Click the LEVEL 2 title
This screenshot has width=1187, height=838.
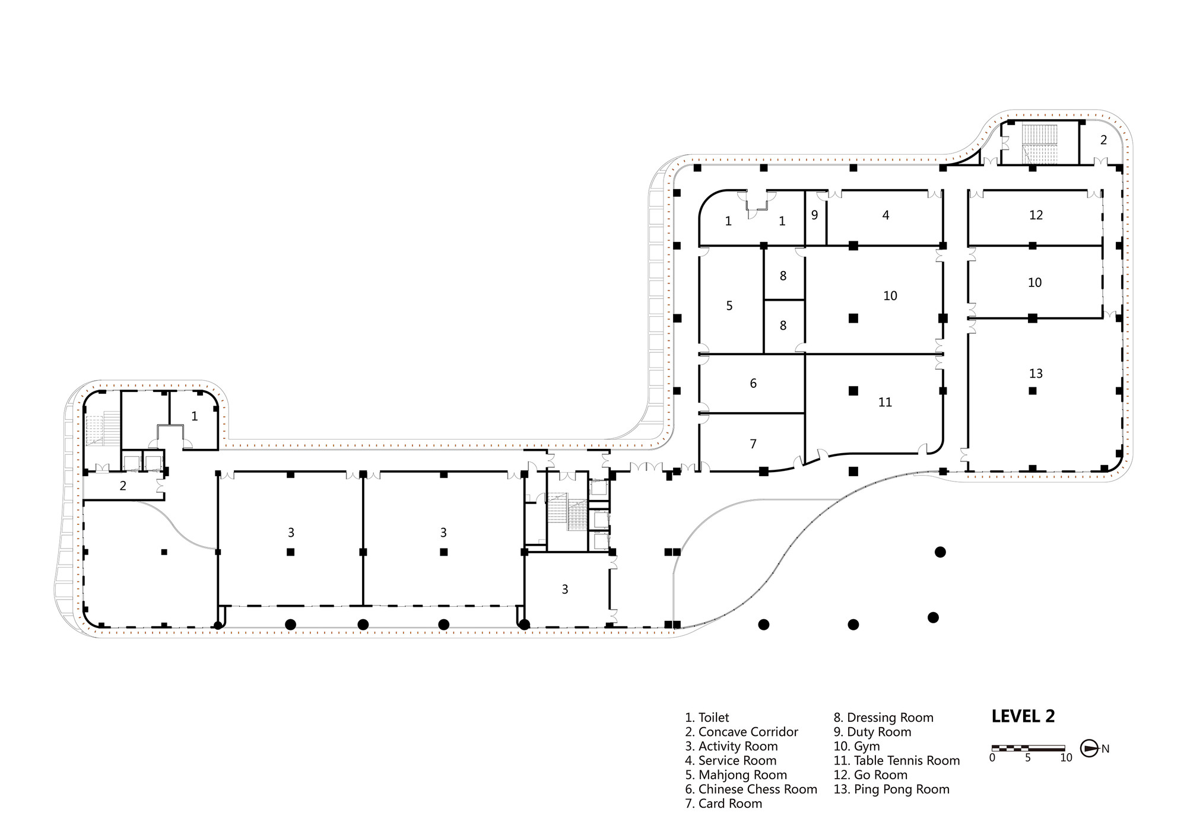(x=1023, y=716)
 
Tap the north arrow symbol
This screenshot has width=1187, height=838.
(x=1089, y=748)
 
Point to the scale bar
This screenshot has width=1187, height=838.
(x=1028, y=748)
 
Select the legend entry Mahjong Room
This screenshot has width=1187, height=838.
(x=736, y=775)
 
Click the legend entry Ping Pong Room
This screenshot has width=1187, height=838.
(x=891, y=789)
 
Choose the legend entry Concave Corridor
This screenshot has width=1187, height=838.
(x=741, y=732)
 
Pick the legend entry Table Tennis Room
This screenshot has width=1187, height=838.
(x=896, y=761)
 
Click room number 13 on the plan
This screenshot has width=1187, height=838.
(x=1036, y=374)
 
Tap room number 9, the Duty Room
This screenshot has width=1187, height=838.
(x=814, y=215)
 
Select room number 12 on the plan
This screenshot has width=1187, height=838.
(x=1036, y=215)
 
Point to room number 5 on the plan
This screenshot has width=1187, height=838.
(x=729, y=306)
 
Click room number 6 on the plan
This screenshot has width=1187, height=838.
(x=753, y=384)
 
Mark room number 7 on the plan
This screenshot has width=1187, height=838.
(x=753, y=444)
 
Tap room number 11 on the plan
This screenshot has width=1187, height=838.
(x=885, y=403)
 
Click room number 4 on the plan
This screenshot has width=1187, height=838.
(x=886, y=215)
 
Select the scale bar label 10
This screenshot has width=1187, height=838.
(x=1066, y=758)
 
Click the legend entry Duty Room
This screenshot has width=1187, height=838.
(x=872, y=732)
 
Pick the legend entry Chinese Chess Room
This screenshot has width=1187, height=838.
(x=751, y=789)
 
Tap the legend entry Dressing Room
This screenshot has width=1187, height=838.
(x=883, y=718)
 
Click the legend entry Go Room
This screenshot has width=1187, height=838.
(x=870, y=775)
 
